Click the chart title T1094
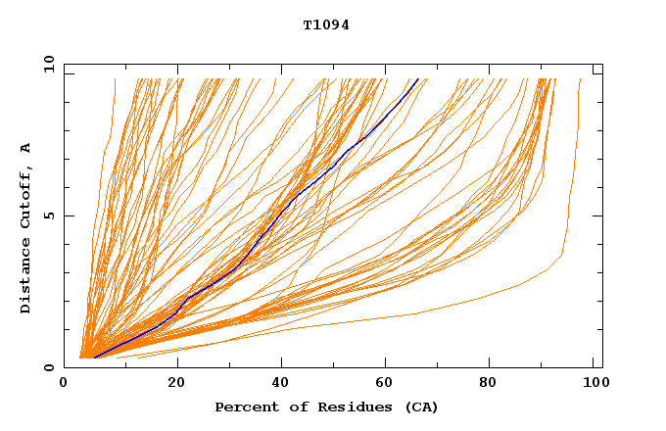coord(326,25)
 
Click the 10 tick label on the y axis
coord(49,64)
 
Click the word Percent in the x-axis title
coord(244,407)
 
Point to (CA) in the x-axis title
coord(418,407)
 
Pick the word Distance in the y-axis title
coord(26,278)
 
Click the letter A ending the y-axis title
coord(26,148)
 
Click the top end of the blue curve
coord(418,79)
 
